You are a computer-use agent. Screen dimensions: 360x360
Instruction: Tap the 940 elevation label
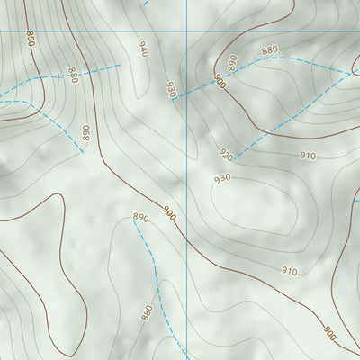pos(142,49)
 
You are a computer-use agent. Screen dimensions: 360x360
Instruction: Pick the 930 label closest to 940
pos(170,88)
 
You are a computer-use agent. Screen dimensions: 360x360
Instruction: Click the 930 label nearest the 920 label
pos(222,178)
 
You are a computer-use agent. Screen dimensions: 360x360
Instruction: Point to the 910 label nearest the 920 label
pos(308,156)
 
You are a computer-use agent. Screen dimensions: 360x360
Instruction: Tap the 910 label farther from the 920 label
pos(289,271)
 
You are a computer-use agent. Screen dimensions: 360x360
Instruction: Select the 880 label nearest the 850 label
pos(72,76)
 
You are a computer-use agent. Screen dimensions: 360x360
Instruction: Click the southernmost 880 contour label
pos(147,312)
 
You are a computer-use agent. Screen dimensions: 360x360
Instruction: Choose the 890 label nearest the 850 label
pos(85,133)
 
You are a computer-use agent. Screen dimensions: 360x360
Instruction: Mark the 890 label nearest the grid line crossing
pos(232,62)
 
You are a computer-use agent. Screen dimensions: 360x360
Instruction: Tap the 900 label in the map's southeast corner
pos(329,334)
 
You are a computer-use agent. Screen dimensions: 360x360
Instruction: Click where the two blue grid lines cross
pos(186,32)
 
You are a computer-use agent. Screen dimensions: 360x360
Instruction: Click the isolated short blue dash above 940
pos(145,3)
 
